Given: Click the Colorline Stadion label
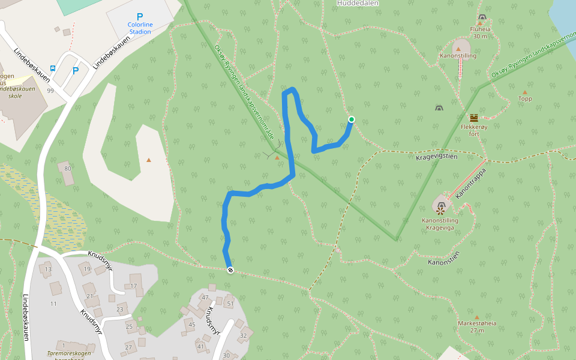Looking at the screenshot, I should [x=139, y=28].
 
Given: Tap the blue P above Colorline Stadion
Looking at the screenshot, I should [x=140, y=17].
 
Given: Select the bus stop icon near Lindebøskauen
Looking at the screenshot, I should [x=53, y=68].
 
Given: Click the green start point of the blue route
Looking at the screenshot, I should [x=351, y=119].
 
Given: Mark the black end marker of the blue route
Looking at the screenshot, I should [x=230, y=270].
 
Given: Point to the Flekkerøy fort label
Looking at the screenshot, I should [x=474, y=130].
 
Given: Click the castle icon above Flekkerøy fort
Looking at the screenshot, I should [x=474, y=118].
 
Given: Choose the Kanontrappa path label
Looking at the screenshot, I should [x=470, y=184].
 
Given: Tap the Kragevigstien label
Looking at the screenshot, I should [x=437, y=157].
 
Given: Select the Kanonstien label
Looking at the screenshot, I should [x=443, y=262].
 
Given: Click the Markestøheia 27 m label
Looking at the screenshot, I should [x=477, y=326].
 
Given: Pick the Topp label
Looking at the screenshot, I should [x=525, y=99].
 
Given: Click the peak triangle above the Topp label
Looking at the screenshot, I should [x=525, y=92].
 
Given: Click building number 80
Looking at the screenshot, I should [x=68, y=169].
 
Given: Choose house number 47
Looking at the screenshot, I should [x=205, y=298].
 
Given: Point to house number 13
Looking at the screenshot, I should [x=48, y=269].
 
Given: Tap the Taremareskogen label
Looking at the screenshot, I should [x=69, y=354].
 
